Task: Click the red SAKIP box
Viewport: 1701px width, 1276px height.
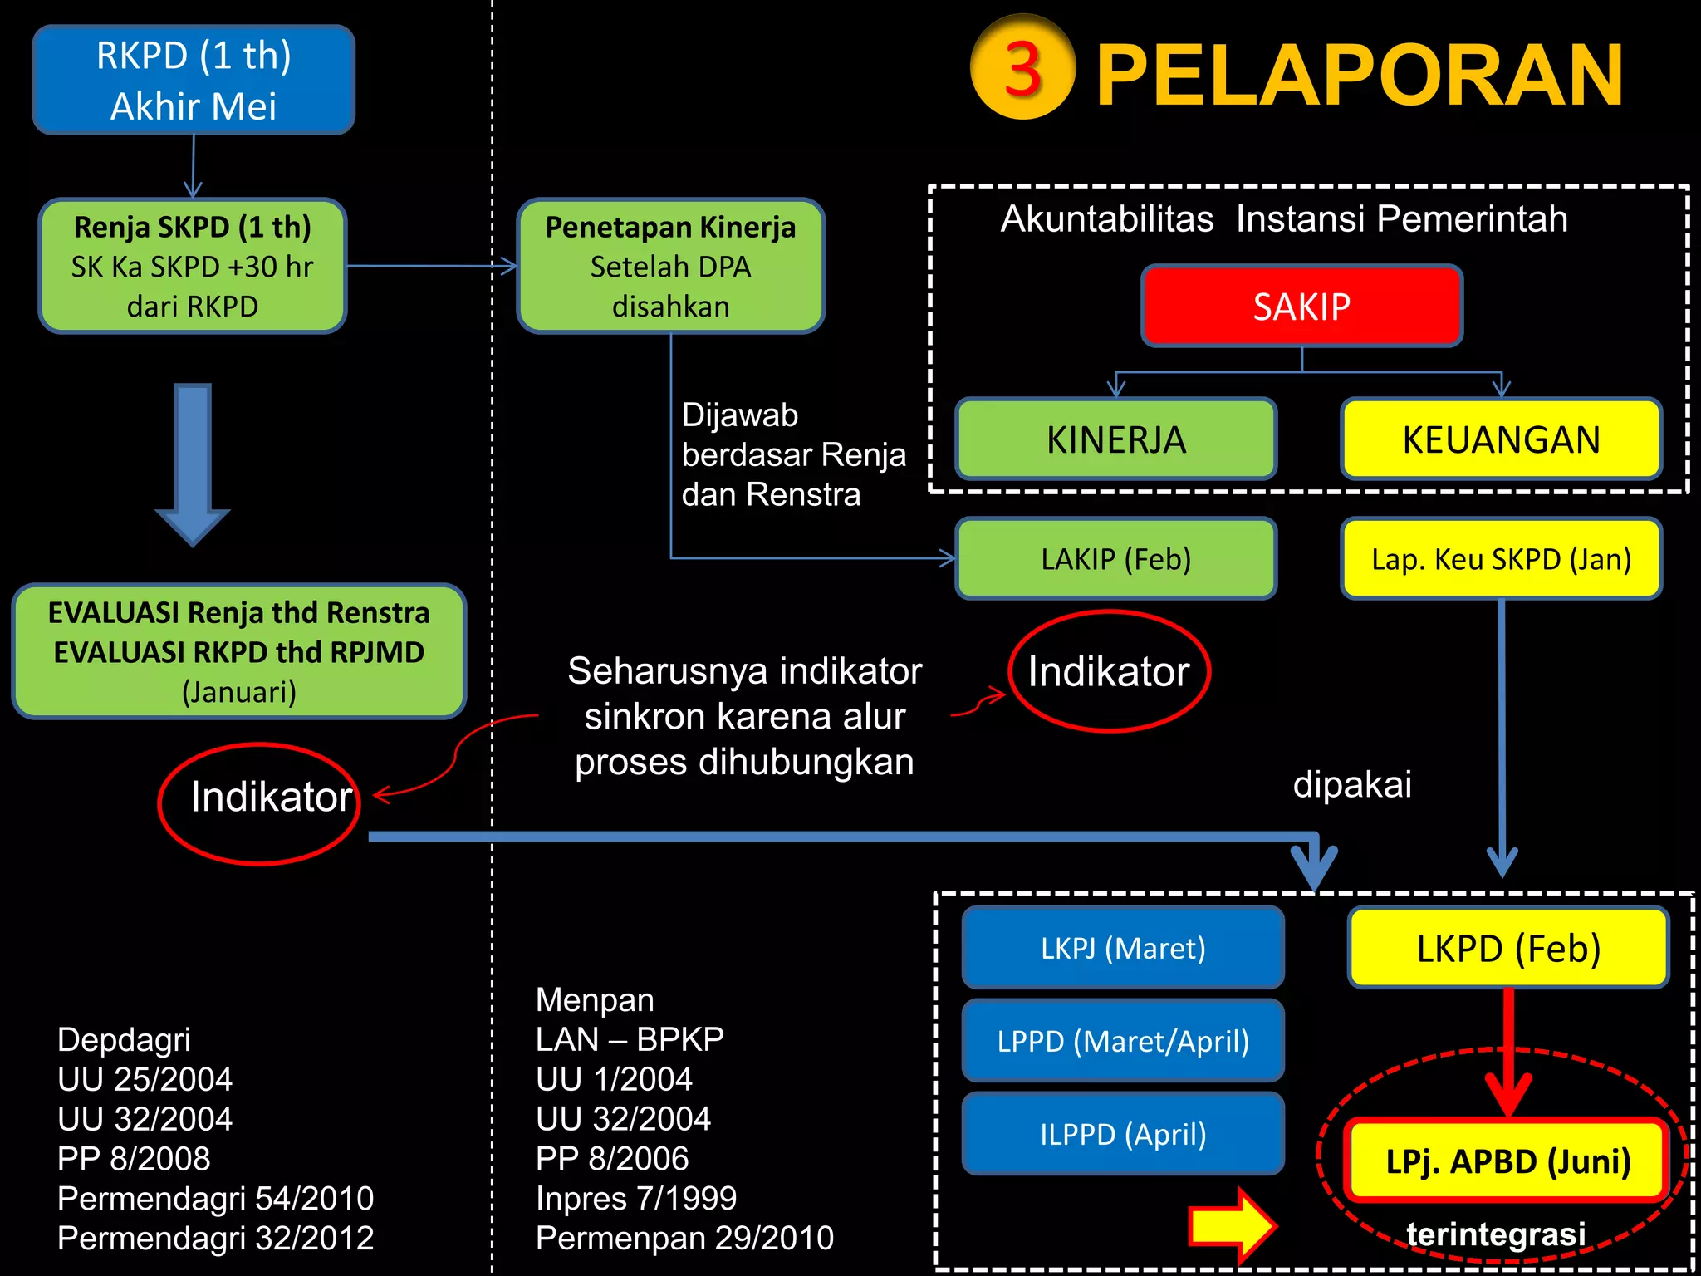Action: point(1301,307)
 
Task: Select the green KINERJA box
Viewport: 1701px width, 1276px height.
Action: point(1115,439)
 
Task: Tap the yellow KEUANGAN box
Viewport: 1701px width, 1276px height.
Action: point(1501,439)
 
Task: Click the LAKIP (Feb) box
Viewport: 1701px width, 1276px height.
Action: point(1115,559)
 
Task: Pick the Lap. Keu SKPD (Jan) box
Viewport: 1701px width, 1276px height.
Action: point(1501,559)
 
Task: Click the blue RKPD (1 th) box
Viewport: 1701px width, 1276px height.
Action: point(194,80)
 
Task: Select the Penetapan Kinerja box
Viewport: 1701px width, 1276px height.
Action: point(670,266)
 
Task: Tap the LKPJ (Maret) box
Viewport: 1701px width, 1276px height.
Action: point(1123,948)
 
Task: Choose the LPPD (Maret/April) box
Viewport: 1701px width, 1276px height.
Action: point(1123,1041)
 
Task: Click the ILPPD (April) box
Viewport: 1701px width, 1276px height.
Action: point(1123,1134)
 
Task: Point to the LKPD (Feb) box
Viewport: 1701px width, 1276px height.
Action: point(1508,948)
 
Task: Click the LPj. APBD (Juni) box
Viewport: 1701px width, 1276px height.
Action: point(1507,1161)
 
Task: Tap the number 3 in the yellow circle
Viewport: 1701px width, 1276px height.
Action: point(1022,68)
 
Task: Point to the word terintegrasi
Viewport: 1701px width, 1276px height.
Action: point(1496,1234)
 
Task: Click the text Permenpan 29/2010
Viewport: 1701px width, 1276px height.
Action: point(684,1238)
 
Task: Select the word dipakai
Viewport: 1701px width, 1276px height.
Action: point(1352,784)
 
